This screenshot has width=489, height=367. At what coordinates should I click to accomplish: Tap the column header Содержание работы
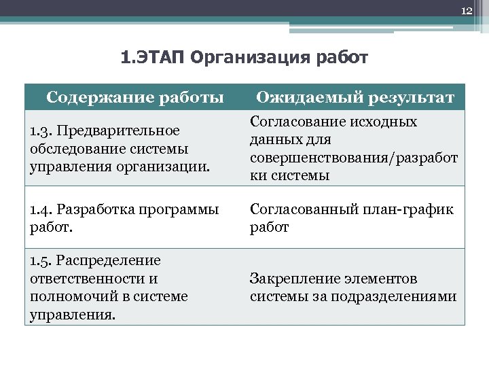pyautogui.click(x=134, y=97)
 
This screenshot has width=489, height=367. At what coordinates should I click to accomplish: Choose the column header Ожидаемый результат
pyautogui.click(x=355, y=97)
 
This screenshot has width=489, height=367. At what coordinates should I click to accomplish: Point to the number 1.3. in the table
pyautogui.click(x=42, y=130)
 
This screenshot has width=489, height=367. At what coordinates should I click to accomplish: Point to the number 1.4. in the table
pyautogui.click(x=43, y=210)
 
